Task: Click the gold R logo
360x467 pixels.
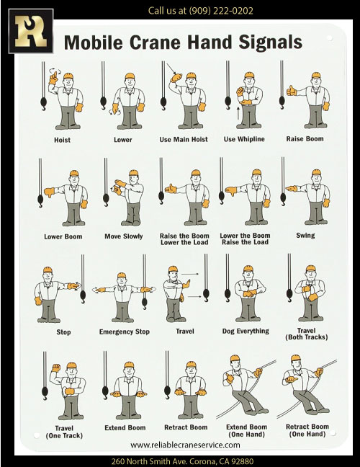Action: [x=31, y=31]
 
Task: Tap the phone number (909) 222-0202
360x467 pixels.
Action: [x=221, y=11]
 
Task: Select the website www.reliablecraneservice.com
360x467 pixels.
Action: [x=185, y=445]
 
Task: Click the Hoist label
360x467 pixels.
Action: [x=62, y=140]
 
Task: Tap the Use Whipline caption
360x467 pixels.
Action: [x=244, y=139]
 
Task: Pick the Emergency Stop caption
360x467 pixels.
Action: [x=125, y=332]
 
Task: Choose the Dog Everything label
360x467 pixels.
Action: [x=246, y=332]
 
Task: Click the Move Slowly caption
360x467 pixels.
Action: [x=123, y=236]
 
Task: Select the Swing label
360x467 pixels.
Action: [x=305, y=236]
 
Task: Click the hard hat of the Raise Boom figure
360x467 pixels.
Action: [x=316, y=76]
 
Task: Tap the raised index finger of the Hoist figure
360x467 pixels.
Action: [x=54, y=75]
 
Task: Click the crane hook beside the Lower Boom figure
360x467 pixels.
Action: [x=40, y=201]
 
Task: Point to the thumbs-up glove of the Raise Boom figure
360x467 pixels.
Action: [x=292, y=90]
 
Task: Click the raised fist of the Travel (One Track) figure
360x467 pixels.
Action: [x=55, y=368]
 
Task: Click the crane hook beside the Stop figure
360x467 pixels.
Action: [x=83, y=297]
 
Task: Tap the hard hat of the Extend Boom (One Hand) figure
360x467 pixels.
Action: [x=235, y=358]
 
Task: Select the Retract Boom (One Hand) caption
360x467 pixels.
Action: [x=307, y=430]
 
